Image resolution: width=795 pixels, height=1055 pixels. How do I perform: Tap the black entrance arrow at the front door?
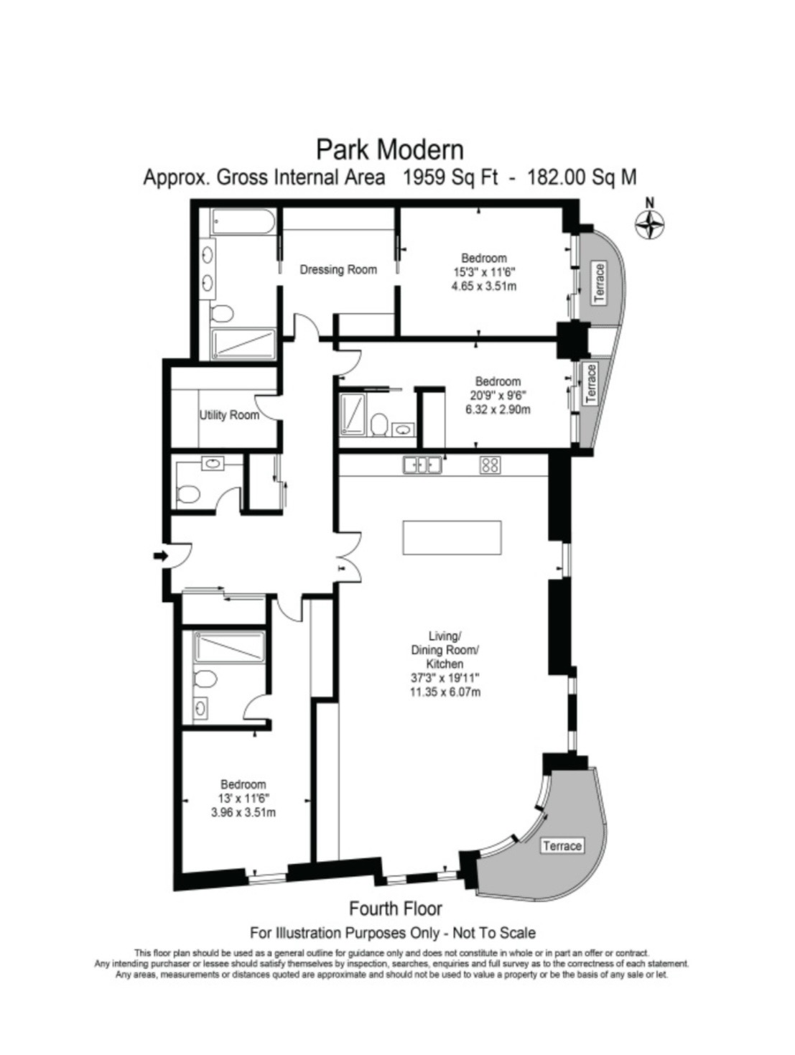pyautogui.click(x=159, y=556)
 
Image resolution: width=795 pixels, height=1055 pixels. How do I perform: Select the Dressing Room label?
pyautogui.click(x=338, y=269)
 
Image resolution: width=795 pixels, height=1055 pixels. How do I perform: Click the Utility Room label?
pyautogui.click(x=229, y=414)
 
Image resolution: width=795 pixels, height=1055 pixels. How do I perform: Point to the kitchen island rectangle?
pyautogui.click(x=452, y=538)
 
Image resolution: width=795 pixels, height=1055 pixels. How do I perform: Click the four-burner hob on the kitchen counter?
pyautogui.click(x=490, y=465)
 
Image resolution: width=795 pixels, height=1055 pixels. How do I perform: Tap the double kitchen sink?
pyautogui.click(x=422, y=465)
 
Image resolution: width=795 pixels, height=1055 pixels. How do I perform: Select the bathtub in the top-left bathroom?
pyautogui.click(x=243, y=222)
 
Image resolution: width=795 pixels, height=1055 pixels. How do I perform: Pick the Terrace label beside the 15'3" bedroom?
pyautogui.click(x=598, y=284)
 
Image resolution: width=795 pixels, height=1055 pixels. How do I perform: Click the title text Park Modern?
pyautogui.click(x=390, y=150)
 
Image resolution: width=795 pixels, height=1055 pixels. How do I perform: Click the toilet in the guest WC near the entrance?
pyautogui.click(x=188, y=493)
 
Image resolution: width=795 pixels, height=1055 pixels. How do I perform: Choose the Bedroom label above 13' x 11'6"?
pyautogui.click(x=243, y=784)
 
